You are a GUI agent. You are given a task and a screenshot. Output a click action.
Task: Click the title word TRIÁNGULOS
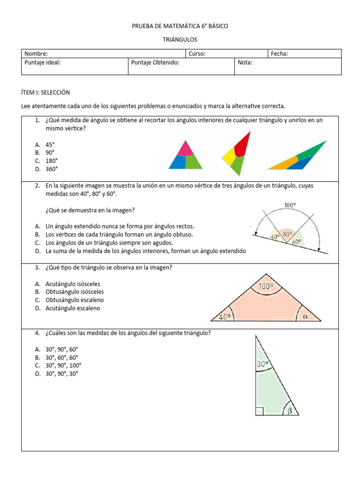coord(180,40)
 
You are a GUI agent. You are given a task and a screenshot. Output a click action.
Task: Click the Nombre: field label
coord(36,54)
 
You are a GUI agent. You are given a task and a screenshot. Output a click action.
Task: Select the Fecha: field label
coord(279,54)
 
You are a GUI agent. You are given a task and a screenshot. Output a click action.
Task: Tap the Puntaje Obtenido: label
coord(155,62)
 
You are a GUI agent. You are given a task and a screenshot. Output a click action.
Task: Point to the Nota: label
coord(245,62)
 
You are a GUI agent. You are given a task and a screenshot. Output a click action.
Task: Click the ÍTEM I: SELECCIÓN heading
coord(45,92)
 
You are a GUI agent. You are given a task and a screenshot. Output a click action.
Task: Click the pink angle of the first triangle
coord(185,149)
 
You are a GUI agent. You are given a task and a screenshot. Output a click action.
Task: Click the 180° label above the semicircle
coord(290,205)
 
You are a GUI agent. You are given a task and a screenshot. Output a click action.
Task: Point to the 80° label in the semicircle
coord(287,234)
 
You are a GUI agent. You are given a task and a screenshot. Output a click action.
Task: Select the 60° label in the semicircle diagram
coord(296,242)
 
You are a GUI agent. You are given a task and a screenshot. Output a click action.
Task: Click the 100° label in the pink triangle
coord(266,285)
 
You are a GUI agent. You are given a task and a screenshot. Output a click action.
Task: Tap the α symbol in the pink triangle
coord(306,316)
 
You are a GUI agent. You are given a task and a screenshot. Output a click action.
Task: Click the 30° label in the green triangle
coord(262,363)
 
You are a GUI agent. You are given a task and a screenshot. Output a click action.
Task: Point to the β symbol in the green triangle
coord(290,411)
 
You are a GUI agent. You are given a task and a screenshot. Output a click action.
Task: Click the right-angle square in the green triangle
coord(259,412)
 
